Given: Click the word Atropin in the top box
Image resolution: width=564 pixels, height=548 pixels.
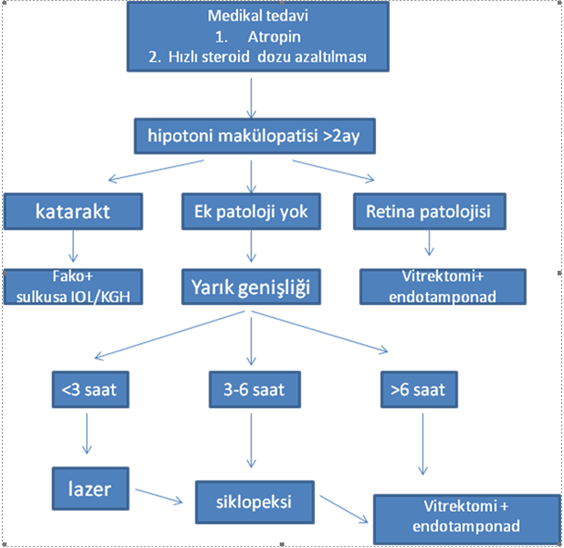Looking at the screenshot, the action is (274, 37).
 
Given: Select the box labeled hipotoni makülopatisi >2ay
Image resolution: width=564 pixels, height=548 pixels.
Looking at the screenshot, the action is (255, 136).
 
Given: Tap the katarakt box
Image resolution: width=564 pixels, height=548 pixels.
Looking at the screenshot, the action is (73, 211).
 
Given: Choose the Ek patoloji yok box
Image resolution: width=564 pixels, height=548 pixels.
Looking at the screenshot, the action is (251, 211).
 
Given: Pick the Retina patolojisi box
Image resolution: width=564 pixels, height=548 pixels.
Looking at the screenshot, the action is (430, 211).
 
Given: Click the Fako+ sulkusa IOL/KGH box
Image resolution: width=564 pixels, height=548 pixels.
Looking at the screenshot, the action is (73, 287).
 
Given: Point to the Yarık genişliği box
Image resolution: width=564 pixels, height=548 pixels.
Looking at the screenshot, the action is (251, 287).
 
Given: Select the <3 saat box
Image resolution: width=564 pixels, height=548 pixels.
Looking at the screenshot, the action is (90, 389).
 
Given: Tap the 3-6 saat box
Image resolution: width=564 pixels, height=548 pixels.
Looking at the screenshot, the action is (255, 389).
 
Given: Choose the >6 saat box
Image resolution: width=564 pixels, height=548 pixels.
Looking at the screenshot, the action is (419, 389).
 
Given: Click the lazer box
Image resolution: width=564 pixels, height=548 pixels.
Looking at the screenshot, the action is (90, 489).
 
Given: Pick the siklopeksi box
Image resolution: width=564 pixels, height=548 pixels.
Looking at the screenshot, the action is (255, 503).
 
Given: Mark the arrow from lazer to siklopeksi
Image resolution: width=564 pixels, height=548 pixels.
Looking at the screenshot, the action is (159, 495).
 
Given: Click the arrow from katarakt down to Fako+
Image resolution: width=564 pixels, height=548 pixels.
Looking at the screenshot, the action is (73, 247).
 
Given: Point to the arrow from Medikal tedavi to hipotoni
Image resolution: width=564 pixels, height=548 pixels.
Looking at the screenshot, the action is (251, 98).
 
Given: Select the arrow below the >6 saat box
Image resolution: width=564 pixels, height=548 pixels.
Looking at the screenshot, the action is (422, 444).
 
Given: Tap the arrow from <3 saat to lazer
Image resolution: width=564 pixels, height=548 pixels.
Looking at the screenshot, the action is (87, 434).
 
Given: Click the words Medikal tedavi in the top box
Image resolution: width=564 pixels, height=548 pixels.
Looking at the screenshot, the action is (257, 16).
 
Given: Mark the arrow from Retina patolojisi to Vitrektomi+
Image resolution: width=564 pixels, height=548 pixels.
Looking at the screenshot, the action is (429, 243).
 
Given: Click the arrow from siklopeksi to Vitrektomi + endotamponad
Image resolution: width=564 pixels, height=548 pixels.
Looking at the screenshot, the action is (344, 509).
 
